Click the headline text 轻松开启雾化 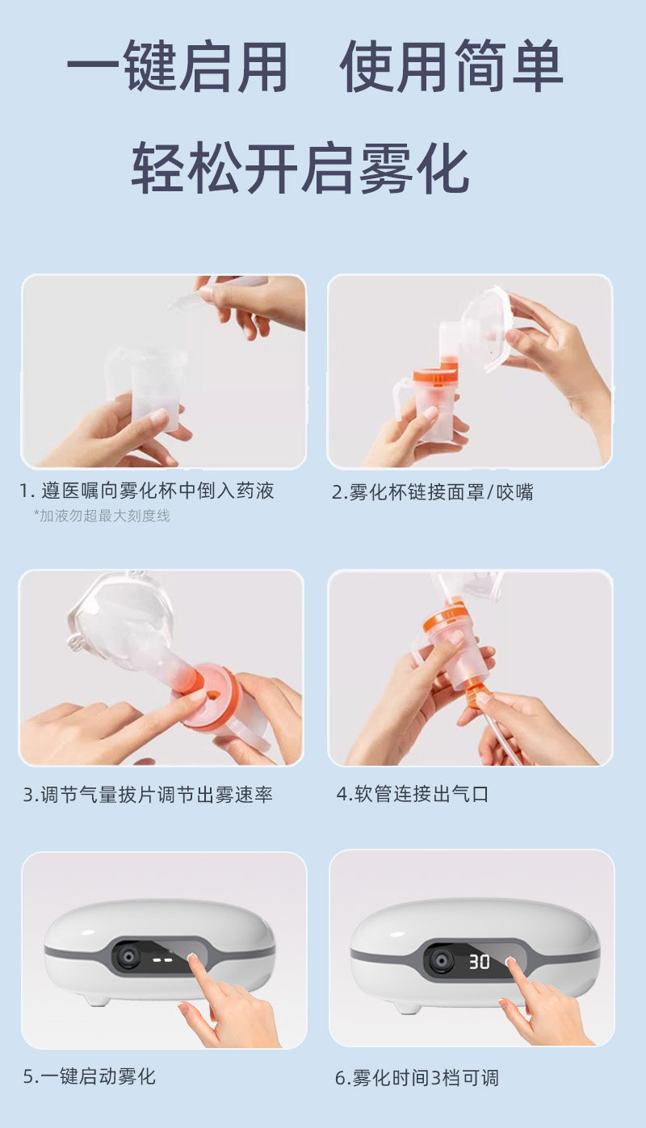(x=300, y=168)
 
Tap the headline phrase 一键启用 (x=178, y=66)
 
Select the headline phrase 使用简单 (x=451, y=66)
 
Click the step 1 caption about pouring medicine (x=147, y=491)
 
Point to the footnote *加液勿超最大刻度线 (x=102, y=516)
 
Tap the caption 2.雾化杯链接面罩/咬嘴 (x=432, y=492)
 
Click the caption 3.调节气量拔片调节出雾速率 (x=148, y=794)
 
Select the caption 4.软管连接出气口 (x=412, y=794)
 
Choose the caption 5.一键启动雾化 (x=89, y=1076)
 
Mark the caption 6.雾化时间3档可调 (x=417, y=1078)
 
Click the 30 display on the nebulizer (x=479, y=962)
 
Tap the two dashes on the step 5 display (x=163, y=960)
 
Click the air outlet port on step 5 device (x=128, y=955)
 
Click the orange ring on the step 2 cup (x=436, y=375)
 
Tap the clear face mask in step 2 (x=488, y=329)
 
